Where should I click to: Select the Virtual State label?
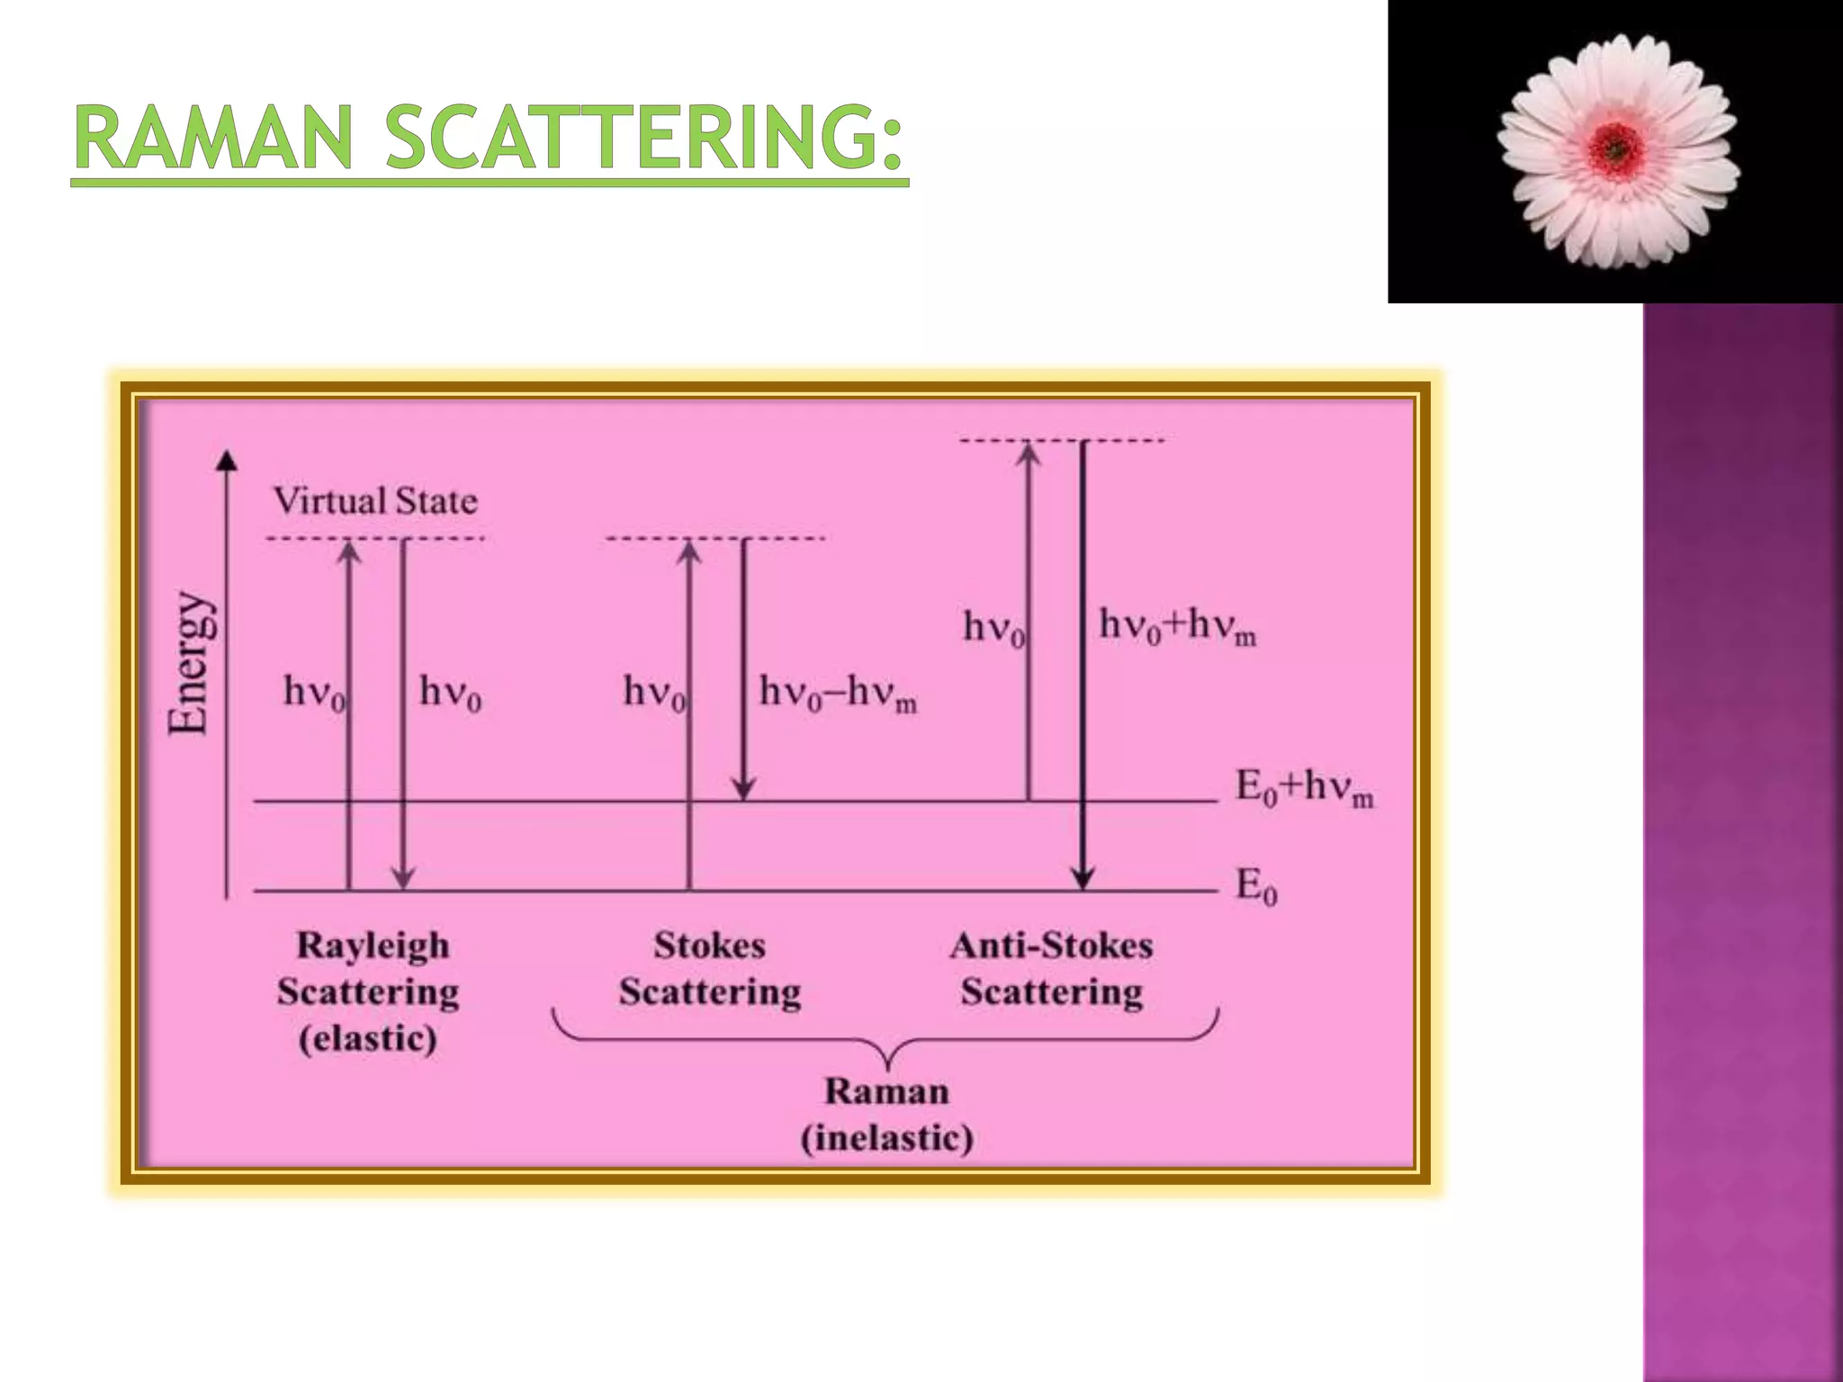(375, 501)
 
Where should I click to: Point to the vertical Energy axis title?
(191, 664)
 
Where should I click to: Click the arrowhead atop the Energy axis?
(228, 461)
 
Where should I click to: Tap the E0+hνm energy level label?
(1304, 788)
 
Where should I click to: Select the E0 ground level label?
(1256, 886)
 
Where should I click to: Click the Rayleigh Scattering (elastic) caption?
(369, 992)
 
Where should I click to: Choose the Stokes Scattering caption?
(710, 968)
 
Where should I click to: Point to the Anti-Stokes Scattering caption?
(1051, 968)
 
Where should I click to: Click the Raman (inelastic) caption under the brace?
(887, 1114)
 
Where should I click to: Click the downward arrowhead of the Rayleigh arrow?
(404, 878)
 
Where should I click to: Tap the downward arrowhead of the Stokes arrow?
(743, 789)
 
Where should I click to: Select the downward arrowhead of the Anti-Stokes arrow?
(1083, 878)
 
